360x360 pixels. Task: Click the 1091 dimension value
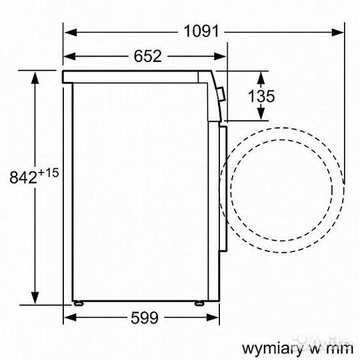[201, 31]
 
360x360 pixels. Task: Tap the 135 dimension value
[261, 96]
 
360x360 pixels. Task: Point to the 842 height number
[22, 177]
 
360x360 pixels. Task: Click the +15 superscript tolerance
[49, 172]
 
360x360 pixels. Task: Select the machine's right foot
[200, 303]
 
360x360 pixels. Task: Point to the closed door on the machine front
[225, 187]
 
